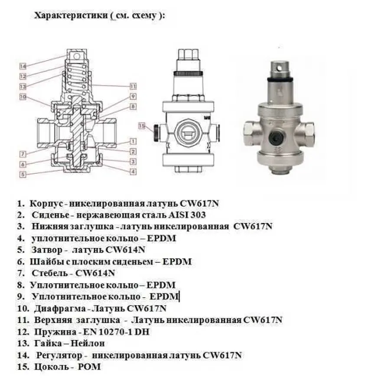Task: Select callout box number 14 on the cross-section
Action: (23, 66)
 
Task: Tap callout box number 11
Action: (133, 86)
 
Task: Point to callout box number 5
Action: (23, 175)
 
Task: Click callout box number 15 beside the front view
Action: (142, 126)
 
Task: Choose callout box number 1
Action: (133, 141)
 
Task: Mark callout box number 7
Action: (23, 154)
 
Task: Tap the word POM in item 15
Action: (90, 367)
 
